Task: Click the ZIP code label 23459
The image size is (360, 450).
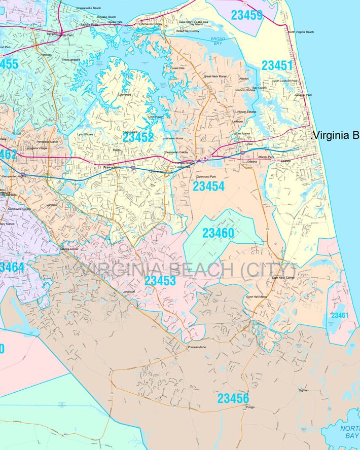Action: click(x=247, y=15)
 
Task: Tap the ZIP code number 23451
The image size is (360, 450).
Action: click(x=277, y=65)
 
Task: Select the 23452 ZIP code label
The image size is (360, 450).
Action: click(x=138, y=137)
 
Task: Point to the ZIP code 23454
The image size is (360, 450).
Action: click(x=208, y=186)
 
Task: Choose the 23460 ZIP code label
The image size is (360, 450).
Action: click(x=218, y=233)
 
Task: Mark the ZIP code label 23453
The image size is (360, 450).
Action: click(x=160, y=281)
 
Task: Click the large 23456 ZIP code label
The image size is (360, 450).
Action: click(x=233, y=398)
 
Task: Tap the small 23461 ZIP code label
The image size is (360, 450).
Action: click(x=340, y=315)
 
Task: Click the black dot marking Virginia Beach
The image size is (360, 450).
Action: click(x=311, y=135)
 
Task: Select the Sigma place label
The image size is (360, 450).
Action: click(x=303, y=390)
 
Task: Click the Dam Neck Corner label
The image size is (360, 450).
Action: click(x=283, y=278)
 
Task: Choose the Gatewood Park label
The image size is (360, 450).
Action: click(x=206, y=176)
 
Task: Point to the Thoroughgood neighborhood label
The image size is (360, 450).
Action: click(x=70, y=60)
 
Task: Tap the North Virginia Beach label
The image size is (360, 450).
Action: click(x=301, y=32)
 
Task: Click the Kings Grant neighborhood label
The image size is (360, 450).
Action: click(x=130, y=132)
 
